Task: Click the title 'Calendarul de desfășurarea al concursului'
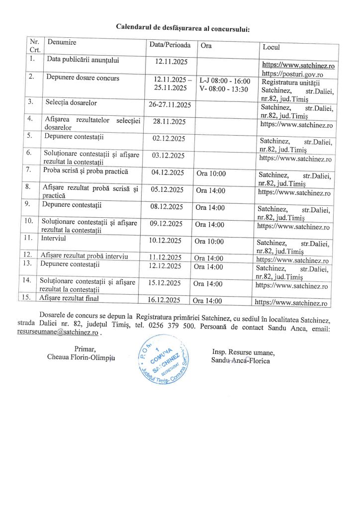183,27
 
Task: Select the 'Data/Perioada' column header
170,45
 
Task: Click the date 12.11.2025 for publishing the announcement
170,62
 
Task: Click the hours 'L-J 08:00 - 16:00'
224,81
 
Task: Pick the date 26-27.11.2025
170,105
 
